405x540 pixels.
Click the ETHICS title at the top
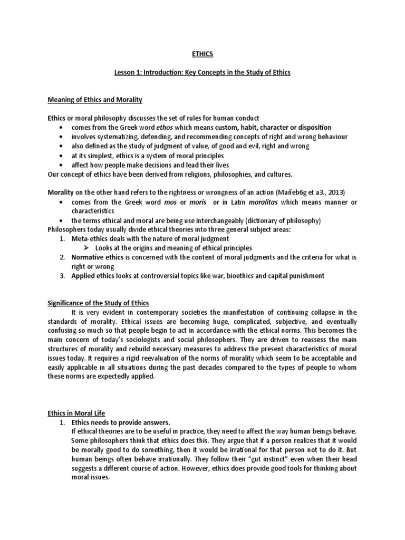(x=202, y=53)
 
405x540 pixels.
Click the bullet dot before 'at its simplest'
(x=63, y=156)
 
